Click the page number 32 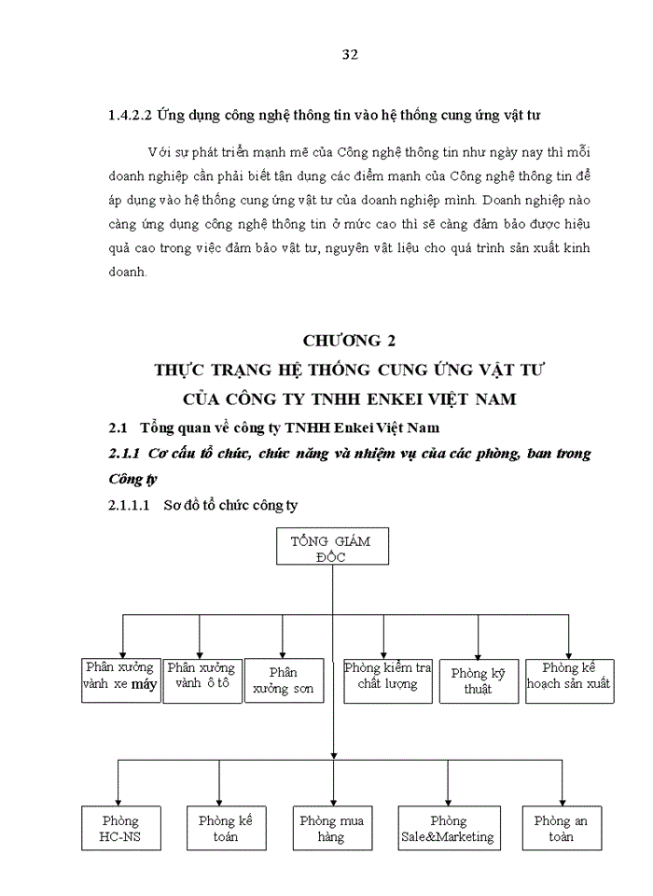coord(350,53)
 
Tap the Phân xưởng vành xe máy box coord(119,679)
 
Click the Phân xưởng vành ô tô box coord(201,679)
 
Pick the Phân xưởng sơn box coord(284,680)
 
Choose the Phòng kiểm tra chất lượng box coord(387,679)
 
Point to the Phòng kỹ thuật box coord(478,680)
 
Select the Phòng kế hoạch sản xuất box coord(568,679)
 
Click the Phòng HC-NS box coord(119,827)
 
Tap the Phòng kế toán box coord(225,827)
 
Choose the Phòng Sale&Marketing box coord(447,827)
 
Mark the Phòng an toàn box coord(560,827)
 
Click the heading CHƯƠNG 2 coord(349,341)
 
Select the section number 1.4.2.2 coord(130,117)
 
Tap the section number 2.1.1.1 coord(130,506)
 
